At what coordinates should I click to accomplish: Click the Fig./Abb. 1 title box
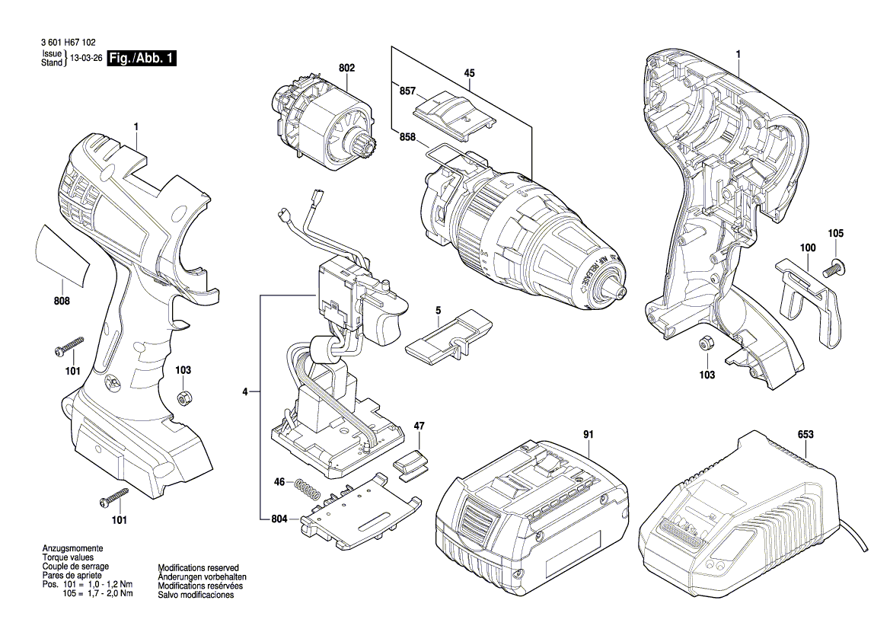pyautogui.click(x=142, y=58)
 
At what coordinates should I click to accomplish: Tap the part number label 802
pyautogui.click(x=347, y=68)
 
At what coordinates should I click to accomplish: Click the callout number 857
pyautogui.click(x=407, y=91)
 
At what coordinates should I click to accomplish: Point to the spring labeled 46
pyautogui.click(x=307, y=488)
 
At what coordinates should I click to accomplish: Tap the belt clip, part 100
pyautogui.click(x=807, y=302)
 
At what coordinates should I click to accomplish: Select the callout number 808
pyautogui.click(x=62, y=301)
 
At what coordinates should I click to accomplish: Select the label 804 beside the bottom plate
pyautogui.click(x=280, y=519)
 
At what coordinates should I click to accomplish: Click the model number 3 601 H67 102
pyautogui.click(x=69, y=43)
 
